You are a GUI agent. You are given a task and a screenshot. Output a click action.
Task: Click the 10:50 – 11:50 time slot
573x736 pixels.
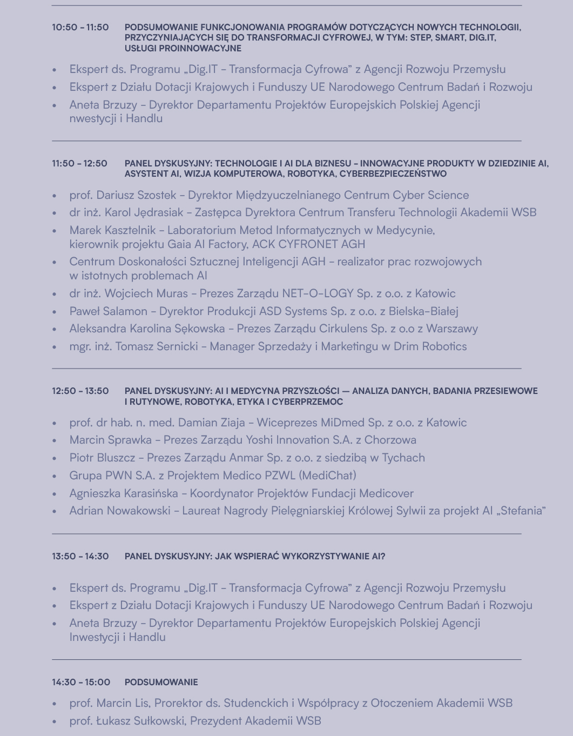coord(80,27)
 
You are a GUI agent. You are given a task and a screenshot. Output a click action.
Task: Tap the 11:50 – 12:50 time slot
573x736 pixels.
coord(79,163)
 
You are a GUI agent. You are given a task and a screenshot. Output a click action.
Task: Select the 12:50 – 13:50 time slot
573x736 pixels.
coord(80,391)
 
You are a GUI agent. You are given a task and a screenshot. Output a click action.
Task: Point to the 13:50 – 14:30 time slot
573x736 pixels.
coord(80,556)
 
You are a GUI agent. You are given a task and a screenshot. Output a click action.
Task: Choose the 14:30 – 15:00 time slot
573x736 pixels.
coord(81,682)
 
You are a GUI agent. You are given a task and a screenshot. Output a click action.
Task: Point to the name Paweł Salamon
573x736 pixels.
coord(108,311)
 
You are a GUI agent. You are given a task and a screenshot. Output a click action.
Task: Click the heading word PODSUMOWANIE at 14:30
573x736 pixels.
coord(161,682)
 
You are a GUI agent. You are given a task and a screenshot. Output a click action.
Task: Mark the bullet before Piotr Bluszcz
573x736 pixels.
coord(55,458)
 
